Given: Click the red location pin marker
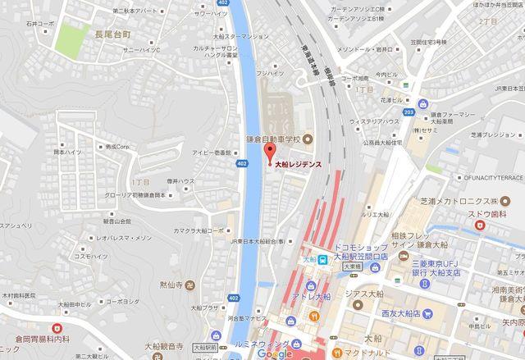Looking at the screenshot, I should (267, 155).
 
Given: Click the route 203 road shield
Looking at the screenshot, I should (409, 112).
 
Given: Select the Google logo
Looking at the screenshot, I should (273, 353).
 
